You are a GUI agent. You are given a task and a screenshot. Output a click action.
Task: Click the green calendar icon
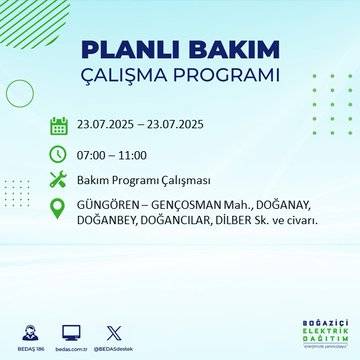(58, 126)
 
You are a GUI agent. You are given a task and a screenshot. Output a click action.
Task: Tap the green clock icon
(58, 154)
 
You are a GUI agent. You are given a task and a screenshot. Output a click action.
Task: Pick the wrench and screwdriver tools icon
(58, 181)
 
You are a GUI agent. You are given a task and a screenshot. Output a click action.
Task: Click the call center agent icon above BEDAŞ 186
(26, 330)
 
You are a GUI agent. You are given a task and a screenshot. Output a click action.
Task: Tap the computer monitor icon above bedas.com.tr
(71, 330)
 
